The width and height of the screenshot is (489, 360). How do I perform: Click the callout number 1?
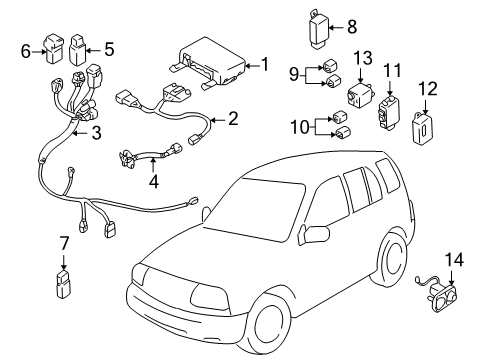click(264, 65)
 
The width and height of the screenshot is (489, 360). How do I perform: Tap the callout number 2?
click(232, 120)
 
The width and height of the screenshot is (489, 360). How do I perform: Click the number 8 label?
click(350, 29)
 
